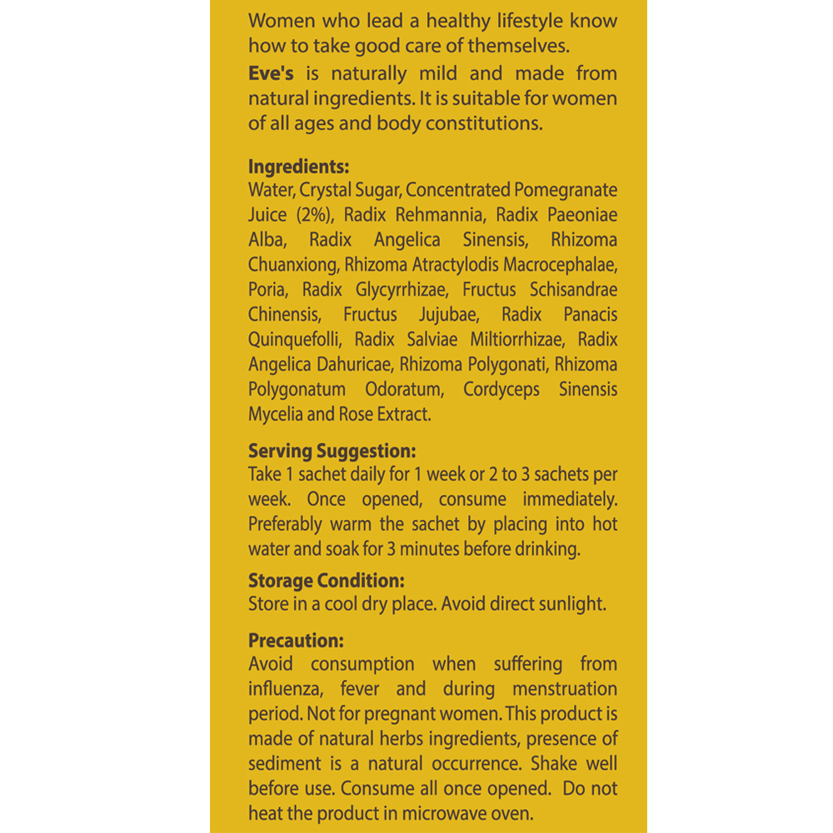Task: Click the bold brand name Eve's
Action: (272, 72)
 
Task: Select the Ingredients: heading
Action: (298, 165)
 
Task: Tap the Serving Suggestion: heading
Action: (332, 451)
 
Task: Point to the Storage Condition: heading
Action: (327, 581)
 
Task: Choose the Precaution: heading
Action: (296, 641)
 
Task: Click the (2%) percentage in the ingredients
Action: (315, 215)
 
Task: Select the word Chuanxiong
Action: (292, 265)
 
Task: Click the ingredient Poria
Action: (267, 290)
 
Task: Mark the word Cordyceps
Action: (501, 390)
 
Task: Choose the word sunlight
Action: (571, 605)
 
